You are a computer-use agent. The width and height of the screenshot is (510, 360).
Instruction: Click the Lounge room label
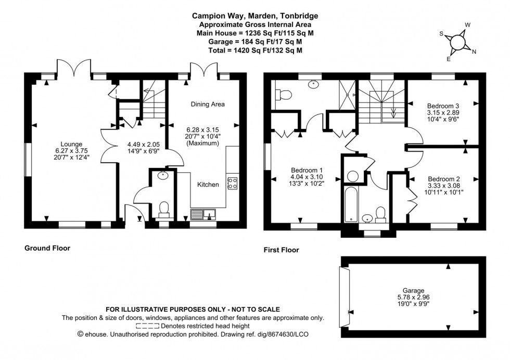(71, 144)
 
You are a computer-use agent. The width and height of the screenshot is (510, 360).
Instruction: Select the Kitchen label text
(208, 184)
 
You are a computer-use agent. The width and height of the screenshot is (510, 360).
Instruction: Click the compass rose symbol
(458, 41)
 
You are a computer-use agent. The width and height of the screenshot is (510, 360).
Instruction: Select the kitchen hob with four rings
(232, 183)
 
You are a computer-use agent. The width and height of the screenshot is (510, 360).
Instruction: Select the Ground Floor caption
(47, 248)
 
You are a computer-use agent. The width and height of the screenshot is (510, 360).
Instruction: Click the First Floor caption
(282, 250)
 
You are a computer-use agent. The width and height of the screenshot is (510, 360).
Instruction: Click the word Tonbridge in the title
(298, 16)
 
